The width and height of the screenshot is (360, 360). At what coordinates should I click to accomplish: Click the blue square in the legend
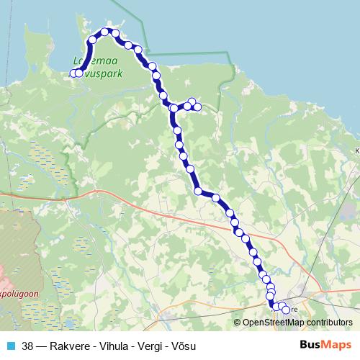pos(10,345)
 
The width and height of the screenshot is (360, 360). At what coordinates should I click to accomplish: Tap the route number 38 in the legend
pos(27,345)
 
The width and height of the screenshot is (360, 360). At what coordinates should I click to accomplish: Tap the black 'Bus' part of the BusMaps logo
pos(310,344)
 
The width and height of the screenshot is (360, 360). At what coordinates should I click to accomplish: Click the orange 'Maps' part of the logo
pos(336,344)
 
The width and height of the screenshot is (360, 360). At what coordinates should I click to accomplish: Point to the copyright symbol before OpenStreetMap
pos(238,323)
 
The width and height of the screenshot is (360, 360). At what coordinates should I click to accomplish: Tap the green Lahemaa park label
pos(98,67)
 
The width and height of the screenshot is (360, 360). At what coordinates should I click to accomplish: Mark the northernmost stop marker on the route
pos(105,32)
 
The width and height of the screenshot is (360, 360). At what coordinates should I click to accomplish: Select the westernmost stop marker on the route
pos(73,73)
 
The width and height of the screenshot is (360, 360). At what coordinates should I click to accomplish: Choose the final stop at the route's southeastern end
pos(286,310)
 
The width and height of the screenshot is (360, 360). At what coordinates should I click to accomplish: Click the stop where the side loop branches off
pos(174,109)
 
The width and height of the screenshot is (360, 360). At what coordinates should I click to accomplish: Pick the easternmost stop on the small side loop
pos(197,107)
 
